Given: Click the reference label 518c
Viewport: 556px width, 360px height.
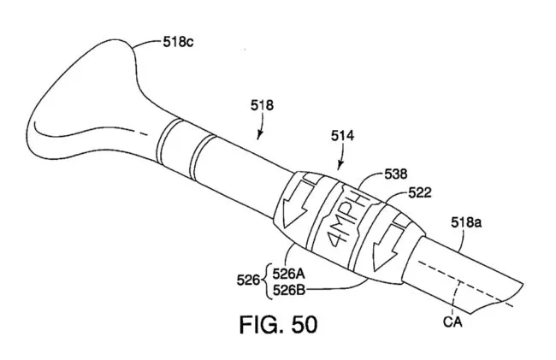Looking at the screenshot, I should tap(181, 39).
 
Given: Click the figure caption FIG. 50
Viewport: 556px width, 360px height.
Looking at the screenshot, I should tap(278, 326).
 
